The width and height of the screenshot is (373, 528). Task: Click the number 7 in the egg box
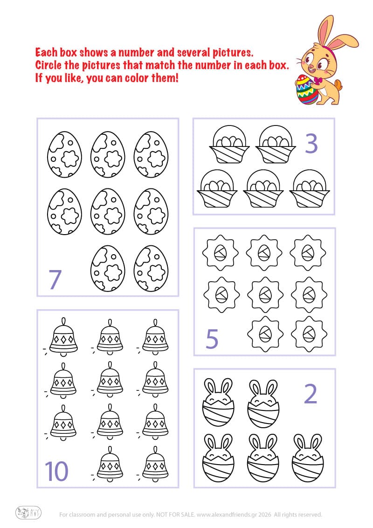click(x=55, y=279)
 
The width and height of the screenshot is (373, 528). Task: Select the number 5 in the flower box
click(x=212, y=339)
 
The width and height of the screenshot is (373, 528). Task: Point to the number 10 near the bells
click(x=57, y=471)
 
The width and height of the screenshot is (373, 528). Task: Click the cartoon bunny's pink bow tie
click(x=318, y=81)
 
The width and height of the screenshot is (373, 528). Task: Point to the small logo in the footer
click(x=28, y=513)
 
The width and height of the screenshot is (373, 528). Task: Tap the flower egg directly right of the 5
click(x=264, y=333)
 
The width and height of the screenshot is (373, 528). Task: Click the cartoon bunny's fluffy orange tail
click(x=339, y=86)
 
